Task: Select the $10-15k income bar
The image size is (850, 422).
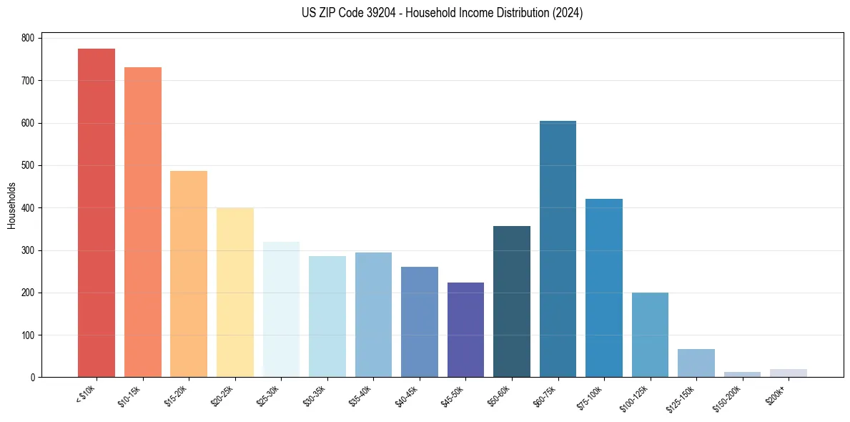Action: click(x=142, y=222)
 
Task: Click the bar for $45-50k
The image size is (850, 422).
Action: click(x=465, y=330)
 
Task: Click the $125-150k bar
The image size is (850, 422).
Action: click(x=696, y=363)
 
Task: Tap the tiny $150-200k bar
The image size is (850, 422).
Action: click(x=742, y=374)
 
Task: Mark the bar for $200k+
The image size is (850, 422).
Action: click(x=789, y=373)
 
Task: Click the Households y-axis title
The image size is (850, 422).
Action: click(x=11, y=205)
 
